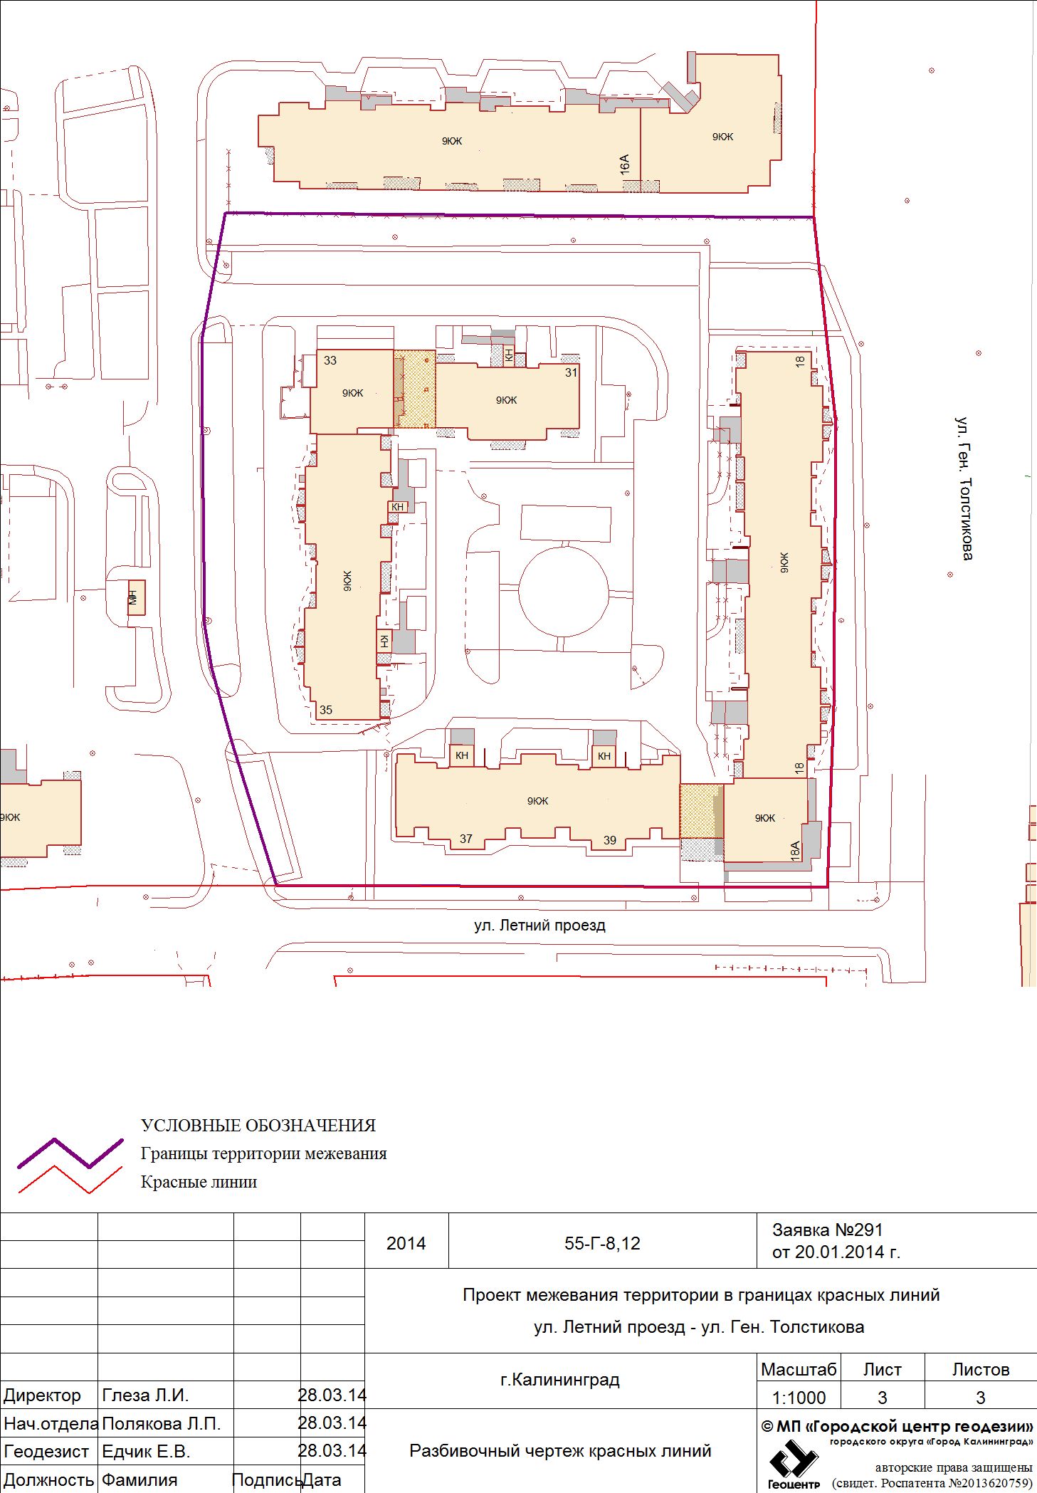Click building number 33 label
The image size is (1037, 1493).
330,360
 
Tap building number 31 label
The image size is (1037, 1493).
572,372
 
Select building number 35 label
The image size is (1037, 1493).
326,710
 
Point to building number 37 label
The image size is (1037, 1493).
466,839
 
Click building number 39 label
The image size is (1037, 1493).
610,840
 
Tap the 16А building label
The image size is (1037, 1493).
625,164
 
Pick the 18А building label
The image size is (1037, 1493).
795,851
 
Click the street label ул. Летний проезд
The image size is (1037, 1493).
539,926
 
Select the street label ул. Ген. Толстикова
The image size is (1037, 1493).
964,488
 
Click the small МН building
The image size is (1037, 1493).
136,597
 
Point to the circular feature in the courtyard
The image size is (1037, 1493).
564,592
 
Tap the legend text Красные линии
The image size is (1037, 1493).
199,1182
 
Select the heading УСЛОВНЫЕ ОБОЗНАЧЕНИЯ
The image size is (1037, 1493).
258,1126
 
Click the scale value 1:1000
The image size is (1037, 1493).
799,1398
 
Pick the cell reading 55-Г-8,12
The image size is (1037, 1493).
602,1243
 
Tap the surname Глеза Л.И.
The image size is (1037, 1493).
146,1395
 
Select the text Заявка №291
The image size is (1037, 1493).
828,1230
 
